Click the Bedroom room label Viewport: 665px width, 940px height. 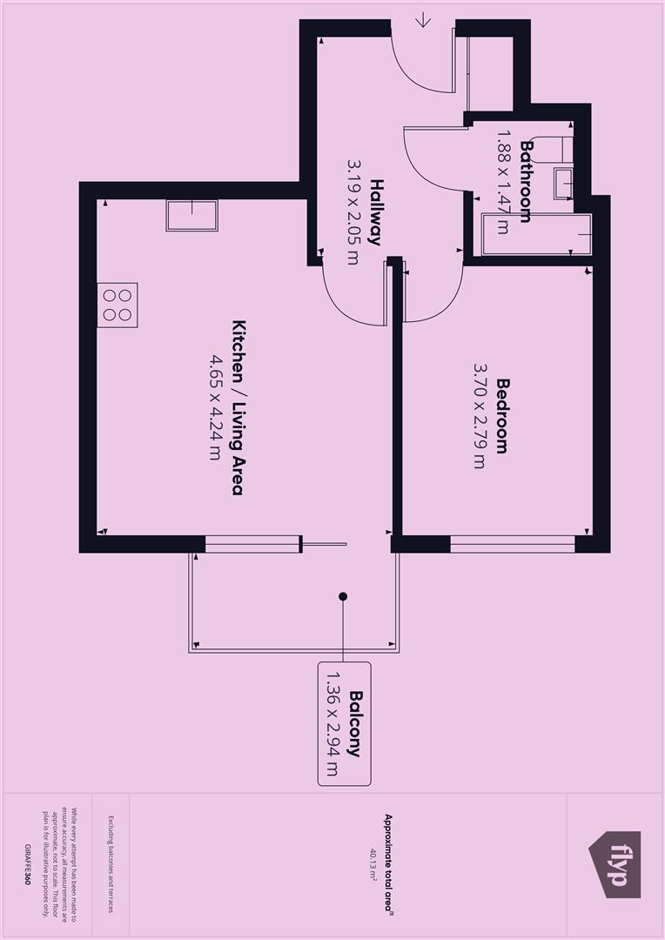[501, 415]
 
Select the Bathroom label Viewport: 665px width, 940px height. [525, 181]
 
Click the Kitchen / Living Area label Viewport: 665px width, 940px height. [236, 407]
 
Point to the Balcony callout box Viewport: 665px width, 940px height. [344, 723]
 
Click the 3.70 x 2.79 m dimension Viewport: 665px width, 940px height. [479, 415]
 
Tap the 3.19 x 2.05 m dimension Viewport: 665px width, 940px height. [353, 212]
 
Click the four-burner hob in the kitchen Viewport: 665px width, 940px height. [118, 305]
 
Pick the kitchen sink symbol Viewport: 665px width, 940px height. [191, 215]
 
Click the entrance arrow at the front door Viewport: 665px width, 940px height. [423, 19]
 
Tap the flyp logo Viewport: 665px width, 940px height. [616, 864]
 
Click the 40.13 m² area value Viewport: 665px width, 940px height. [373, 866]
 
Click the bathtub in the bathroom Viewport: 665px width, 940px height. [537, 234]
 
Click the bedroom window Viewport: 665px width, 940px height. [513, 545]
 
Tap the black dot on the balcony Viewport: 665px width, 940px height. [343, 596]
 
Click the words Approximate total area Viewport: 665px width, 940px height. [389, 865]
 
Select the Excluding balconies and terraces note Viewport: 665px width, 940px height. [111, 865]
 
